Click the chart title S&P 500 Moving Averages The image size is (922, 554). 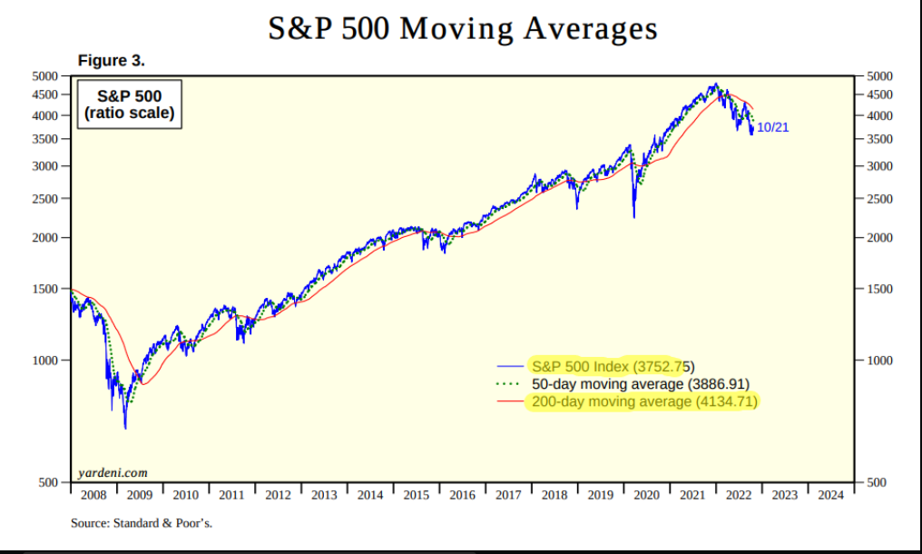click(462, 28)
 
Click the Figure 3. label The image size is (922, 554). click(112, 61)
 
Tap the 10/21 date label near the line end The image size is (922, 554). click(772, 127)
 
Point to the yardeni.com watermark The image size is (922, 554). click(113, 472)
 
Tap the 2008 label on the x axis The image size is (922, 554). click(93, 495)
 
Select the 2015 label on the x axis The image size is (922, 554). click(416, 495)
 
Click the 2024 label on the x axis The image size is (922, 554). click(829, 495)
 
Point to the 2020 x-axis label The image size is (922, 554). click(645, 495)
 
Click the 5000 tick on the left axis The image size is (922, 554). click(45, 75)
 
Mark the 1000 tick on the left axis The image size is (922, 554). click(45, 361)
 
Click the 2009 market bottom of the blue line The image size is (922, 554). click(124, 427)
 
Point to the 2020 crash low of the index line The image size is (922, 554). click(633, 216)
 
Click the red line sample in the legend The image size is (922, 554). click(512, 401)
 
